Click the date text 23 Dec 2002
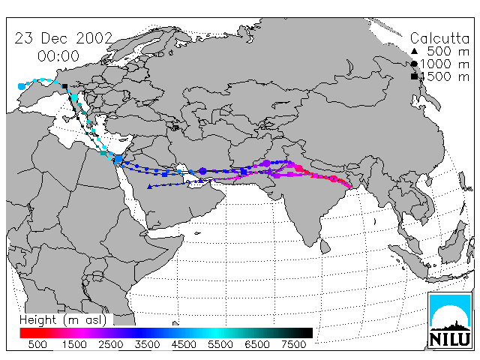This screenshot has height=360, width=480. point(64,38)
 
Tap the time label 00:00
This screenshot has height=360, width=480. point(58,56)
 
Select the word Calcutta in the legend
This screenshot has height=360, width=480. point(439,38)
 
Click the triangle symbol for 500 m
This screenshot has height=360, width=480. point(414,51)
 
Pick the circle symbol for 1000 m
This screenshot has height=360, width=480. point(414,64)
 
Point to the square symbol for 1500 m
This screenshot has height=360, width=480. point(414,76)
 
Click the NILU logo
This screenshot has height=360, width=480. point(450,320)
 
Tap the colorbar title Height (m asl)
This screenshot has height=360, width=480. point(63,320)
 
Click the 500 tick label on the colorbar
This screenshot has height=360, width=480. point(37,345)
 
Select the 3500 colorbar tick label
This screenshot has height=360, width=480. point(147,345)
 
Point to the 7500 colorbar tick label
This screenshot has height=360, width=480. point(293,345)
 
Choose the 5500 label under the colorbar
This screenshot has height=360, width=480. point(220,345)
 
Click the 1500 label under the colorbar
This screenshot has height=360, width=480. point(74,345)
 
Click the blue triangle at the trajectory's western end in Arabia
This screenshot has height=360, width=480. point(149,187)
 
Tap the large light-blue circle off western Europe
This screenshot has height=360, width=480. point(22,87)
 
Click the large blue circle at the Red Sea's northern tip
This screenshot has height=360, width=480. point(118,159)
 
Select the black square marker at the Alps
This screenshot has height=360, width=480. point(64,86)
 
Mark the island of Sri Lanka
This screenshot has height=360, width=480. point(325,247)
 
